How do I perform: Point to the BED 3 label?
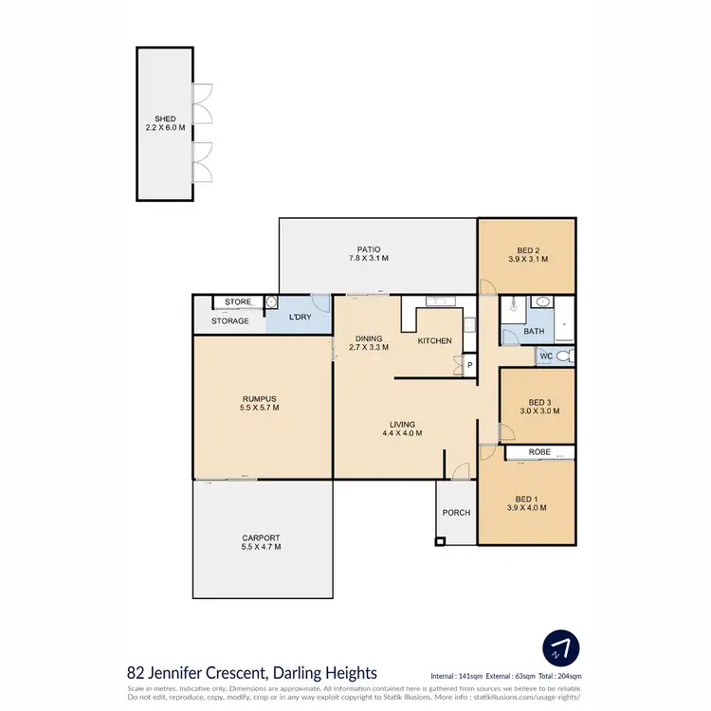click(x=537, y=406)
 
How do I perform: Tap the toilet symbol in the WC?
click(x=563, y=356)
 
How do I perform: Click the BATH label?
click(x=534, y=332)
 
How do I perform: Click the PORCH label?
click(x=456, y=513)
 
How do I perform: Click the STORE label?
click(x=238, y=302)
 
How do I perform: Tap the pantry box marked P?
click(x=468, y=364)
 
